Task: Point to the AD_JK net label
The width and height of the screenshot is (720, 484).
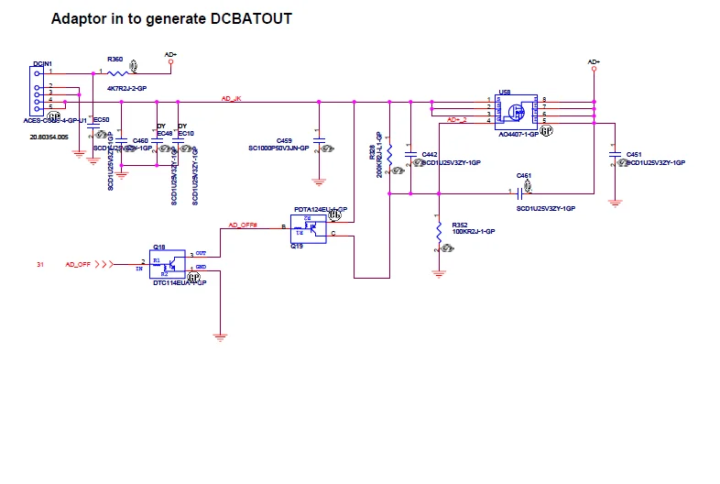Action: [x=232, y=97]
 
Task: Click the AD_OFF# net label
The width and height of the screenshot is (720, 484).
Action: [x=242, y=225]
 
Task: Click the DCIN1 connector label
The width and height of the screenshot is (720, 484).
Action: [x=41, y=63]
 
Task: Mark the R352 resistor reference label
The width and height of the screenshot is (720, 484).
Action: [x=460, y=225]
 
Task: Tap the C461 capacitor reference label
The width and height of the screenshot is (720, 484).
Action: [x=523, y=175]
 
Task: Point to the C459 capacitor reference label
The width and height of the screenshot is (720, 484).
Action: [x=284, y=140]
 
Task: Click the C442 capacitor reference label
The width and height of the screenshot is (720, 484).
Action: [x=429, y=154]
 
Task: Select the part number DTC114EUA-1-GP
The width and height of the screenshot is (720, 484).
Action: [x=179, y=283]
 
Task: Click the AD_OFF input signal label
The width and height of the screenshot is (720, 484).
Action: [x=78, y=264]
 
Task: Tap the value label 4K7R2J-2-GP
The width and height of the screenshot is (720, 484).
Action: [x=127, y=88]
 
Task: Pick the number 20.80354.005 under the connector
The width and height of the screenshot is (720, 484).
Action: [x=48, y=135]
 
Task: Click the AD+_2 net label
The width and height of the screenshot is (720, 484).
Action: [x=455, y=120]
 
